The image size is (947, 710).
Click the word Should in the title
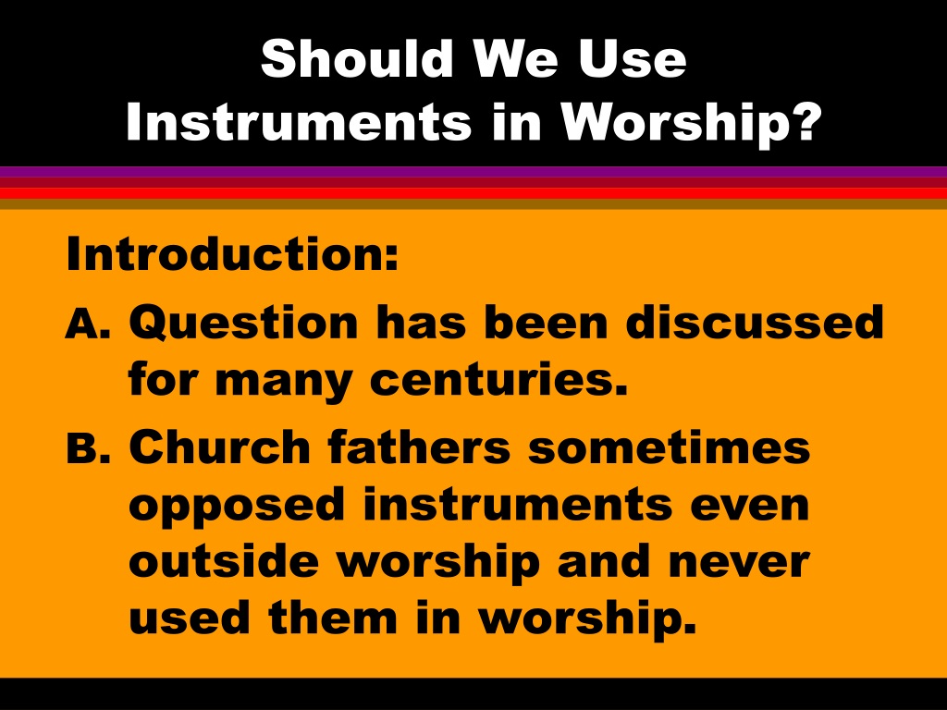[x=357, y=58]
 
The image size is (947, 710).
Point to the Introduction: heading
[x=232, y=253]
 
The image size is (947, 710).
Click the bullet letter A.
[x=88, y=324]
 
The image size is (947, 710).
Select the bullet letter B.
[x=88, y=447]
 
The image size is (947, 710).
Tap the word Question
[x=243, y=322]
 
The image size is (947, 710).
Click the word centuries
[x=498, y=380]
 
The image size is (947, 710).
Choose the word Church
[x=220, y=447]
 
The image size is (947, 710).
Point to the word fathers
[x=419, y=447]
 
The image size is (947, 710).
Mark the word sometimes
[x=670, y=447]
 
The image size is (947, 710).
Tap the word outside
[x=224, y=560]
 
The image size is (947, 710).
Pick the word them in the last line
[x=333, y=617]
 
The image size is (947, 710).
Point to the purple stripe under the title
[x=473, y=171]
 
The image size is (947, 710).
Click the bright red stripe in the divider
[x=473, y=193]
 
